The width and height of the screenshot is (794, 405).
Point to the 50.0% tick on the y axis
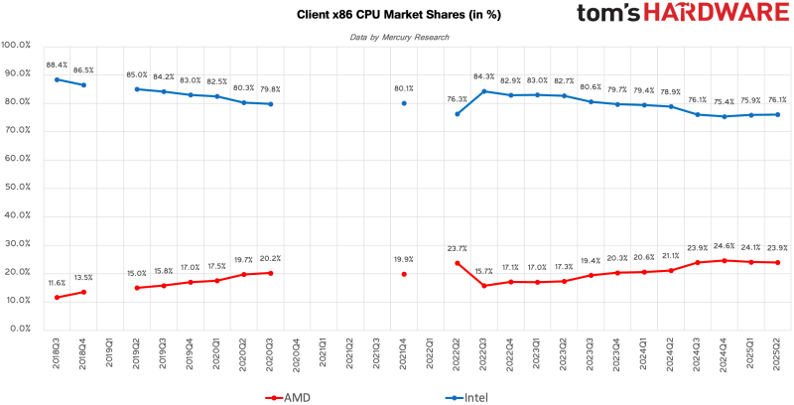point(17,187)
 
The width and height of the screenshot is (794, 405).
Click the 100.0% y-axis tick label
point(17,46)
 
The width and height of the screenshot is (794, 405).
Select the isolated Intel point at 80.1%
point(404,102)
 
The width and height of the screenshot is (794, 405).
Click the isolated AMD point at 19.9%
point(404,274)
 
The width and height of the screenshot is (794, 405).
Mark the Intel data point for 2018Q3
point(57,79)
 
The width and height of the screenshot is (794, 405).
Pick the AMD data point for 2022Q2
point(458,263)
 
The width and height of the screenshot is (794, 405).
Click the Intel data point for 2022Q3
point(483,91)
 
